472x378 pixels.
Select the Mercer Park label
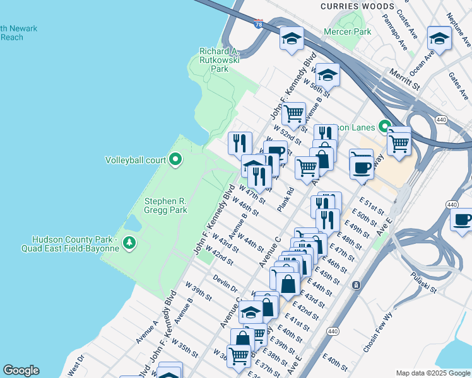click(347, 31)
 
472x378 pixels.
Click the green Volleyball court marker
click(176, 159)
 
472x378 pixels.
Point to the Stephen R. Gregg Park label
click(166, 206)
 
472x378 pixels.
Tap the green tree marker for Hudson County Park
click(129, 242)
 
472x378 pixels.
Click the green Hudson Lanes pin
click(382, 127)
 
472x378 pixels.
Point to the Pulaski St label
click(423, 283)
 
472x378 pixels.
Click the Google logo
click(21, 370)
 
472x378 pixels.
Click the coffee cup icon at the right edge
click(463, 220)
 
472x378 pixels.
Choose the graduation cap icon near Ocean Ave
click(439, 39)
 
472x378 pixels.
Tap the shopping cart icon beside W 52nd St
click(293, 114)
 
